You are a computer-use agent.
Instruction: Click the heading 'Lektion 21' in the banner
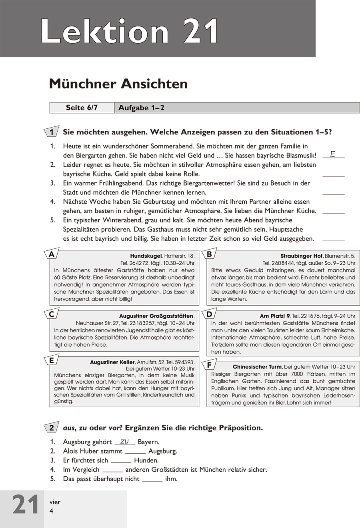tap(130, 31)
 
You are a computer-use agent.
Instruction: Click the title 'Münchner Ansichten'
tap(118, 84)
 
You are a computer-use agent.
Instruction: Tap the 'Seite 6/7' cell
tap(82, 108)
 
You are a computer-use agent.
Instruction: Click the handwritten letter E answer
tap(332, 154)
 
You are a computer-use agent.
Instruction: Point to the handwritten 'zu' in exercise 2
tap(124, 441)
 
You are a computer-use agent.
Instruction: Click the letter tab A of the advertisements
tap(51, 254)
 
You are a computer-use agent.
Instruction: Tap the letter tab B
tap(209, 254)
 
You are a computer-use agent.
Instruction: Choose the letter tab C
tap(51, 314)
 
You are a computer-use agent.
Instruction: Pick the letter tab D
tap(209, 314)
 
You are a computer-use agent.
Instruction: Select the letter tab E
tap(51, 360)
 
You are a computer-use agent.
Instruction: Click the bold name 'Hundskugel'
tap(146, 256)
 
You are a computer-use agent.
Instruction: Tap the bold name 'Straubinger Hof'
tap(302, 256)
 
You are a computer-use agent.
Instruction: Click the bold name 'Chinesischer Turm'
tap(257, 367)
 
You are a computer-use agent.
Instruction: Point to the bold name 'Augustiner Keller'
tap(112, 362)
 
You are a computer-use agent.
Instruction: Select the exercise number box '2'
tap(52, 428)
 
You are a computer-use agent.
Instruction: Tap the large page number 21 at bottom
tap(26, 505)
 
